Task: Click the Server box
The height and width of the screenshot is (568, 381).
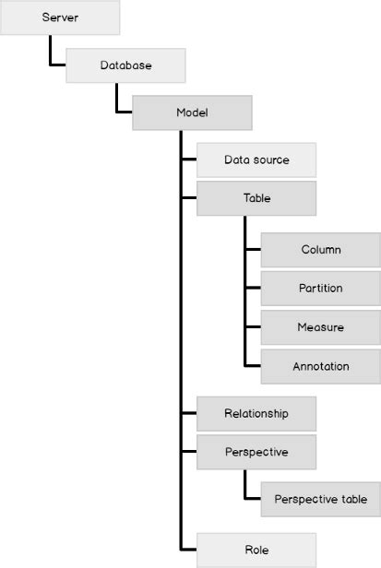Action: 60,18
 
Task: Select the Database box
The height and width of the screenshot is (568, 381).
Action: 126,65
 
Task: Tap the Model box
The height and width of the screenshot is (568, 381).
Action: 193,112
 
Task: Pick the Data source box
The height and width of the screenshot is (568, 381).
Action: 256,160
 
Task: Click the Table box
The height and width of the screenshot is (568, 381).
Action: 256,197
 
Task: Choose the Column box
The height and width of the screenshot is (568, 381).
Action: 321,249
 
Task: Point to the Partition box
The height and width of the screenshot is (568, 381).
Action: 321,288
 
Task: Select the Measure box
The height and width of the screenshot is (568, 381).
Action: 321,326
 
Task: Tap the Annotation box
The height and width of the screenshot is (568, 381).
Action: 321,366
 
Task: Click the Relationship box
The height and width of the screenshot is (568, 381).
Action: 256,413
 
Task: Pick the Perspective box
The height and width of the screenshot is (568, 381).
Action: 256,452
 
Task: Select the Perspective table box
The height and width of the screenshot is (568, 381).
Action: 321,499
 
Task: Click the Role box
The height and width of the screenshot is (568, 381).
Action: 256,550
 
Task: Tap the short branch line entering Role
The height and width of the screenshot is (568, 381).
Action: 188,550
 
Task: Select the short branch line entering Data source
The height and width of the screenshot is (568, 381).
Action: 188,160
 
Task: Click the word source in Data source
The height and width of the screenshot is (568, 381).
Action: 271,160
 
